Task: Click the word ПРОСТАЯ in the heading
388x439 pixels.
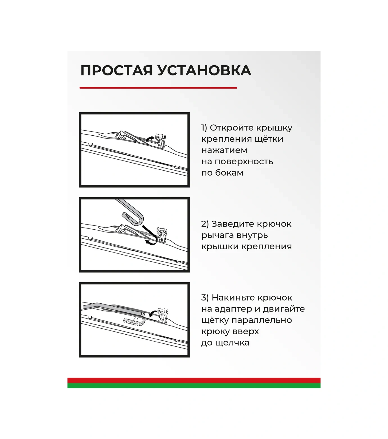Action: pyautogui.click(x=116, y=70)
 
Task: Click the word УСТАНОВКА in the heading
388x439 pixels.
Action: pyautogui.click(x=204, y=70)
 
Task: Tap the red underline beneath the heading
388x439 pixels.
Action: pyautogui.click(x=158, y=88)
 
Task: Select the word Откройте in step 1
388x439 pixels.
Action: pyautogui.click(x=232, y=128)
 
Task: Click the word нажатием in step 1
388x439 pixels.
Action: pyautogui.click(x=224, y=150)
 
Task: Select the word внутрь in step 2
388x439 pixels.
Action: pyautogui.click(x=251, y=235)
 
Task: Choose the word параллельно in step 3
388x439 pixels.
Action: pyautogui.click(x=262, y=321)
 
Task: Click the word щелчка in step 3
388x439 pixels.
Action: pyautogui.click(x=232, y=343)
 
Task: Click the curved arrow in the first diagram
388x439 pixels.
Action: pyautogui.click(x=150, y=138)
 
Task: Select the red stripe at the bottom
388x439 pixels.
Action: pyautogui.click(x=194, y=380)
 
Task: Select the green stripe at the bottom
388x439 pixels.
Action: pyautogui.click(x=194, y=386)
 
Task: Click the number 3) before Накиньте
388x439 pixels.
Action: pyautogui.click(x=205, y=298)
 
